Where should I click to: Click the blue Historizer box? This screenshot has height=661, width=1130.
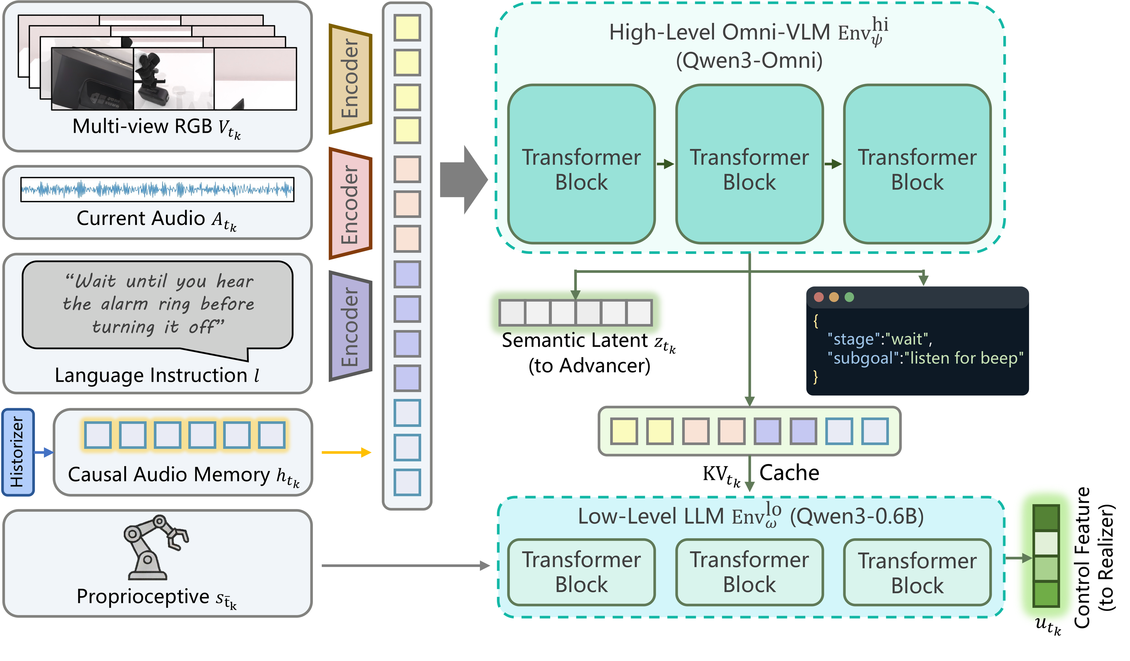[x=18, y=452]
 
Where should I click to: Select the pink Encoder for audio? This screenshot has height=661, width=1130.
[x=350, y=203]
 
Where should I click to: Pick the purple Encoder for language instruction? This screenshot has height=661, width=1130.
[x=350, y=326]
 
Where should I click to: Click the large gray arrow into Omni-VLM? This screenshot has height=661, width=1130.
[x=463, y=179]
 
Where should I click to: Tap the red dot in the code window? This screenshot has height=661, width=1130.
[x=819, y=297]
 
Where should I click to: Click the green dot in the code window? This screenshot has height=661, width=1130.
[x=849, y=297]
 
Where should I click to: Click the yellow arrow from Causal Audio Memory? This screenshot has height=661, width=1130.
[x=346, y=452]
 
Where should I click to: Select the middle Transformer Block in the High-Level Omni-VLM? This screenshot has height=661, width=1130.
[x=749, y=164]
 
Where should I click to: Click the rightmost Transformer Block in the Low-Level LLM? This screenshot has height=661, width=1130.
[x=917, y=572]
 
